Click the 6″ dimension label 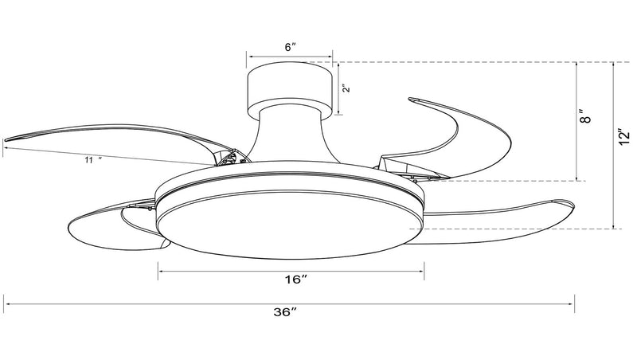(290, 47)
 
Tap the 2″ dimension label (346, 88)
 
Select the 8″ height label (585, 116)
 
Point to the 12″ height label (624, 136)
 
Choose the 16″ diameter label (295, 280)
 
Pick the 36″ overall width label (285, 312)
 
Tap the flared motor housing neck (289, 134)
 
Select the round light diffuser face (290, 225)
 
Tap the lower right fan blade (495, 221)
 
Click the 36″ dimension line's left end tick (4, 303)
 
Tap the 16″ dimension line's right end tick (424, 271)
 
